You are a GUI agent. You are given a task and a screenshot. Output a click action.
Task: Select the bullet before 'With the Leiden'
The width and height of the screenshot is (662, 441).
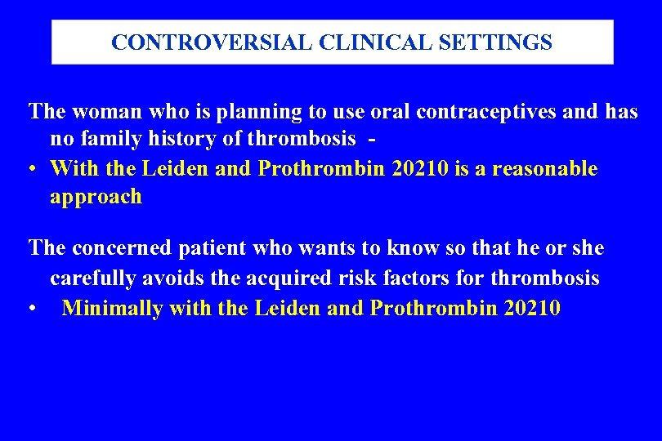pyautogui.click(x=30, y=169)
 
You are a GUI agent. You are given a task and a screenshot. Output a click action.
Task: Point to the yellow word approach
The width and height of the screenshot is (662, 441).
pyautogui.click(x=96, y=197)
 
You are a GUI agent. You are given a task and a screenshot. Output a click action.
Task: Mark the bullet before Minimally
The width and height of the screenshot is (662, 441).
pyautogui.click(x=30, y=309)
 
